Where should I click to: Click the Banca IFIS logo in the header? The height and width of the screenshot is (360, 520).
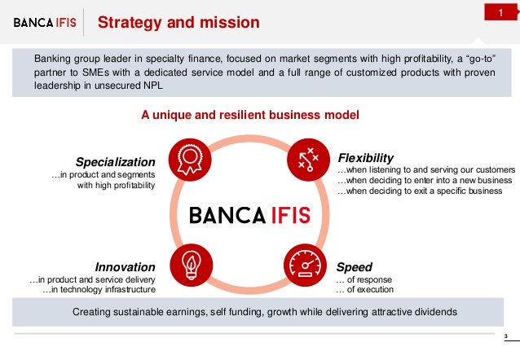tap(46, 23)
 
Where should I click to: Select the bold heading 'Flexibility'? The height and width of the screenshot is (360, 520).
tap(365, 157)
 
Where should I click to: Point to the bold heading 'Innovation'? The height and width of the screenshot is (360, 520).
tap(125, 266)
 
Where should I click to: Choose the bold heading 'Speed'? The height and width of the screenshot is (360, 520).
tap(355, 266)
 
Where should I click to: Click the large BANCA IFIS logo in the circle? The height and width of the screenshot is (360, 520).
tap(249, 215)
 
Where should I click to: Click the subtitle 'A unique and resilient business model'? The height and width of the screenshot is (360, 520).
tap(250, 116)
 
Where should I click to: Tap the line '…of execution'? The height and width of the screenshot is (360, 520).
tap(364, 290)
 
